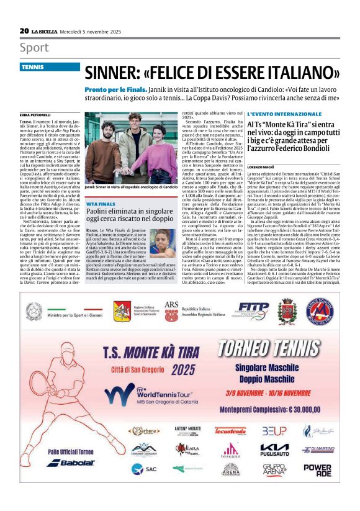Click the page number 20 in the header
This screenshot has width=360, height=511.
coord(24,30)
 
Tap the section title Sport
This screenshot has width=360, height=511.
coord(34,48)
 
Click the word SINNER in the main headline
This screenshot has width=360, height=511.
coord(114,72)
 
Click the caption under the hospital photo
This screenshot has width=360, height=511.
coord(131,186)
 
